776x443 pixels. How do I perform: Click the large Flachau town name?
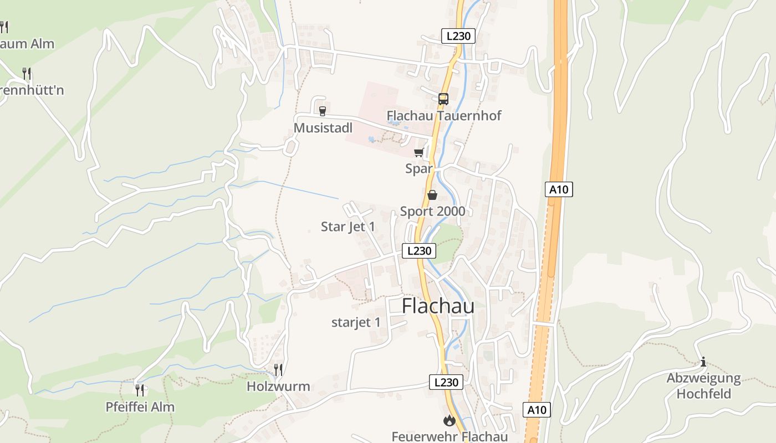click(438, 306)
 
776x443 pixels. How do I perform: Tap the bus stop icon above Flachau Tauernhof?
click(443, 99)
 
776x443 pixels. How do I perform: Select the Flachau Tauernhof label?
click(444, 116)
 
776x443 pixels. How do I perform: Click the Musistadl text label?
click(323, 128)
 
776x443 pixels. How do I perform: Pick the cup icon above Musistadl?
click(323, 111)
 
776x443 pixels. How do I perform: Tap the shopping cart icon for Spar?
click(419, 152)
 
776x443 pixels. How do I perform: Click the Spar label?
click(418, 168)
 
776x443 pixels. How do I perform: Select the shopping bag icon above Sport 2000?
click(432, 195)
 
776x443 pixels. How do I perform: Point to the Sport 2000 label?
click(433, 212)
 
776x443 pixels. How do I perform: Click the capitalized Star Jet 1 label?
click(348, 226)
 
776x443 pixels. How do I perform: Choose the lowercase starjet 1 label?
click(356, 322)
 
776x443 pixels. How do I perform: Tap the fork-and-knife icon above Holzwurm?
click(278, 369)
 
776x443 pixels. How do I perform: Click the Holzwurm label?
click(278, 386)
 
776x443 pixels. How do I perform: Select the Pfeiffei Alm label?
click(140, 407)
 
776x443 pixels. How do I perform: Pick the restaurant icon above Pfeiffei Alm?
click(140, 390)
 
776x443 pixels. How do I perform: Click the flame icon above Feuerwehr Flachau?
click(450, 421)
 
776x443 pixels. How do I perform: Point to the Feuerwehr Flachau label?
click(450, 436)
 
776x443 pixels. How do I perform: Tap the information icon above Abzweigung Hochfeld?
click(703, 362)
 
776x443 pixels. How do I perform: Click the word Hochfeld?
click(703, 394)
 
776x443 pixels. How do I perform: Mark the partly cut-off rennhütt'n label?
click(32, 90)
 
